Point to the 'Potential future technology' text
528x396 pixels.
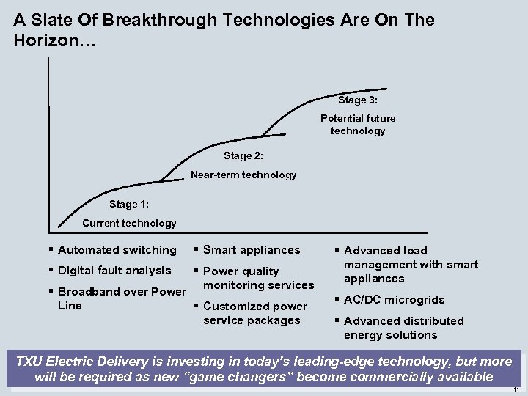[x=358, y=125]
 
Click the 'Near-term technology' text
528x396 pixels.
[x=243, y=175]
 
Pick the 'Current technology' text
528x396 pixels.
[x=129, y=223]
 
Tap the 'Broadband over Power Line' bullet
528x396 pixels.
[x=122, y=298]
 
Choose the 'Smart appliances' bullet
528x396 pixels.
[x=251, y=250]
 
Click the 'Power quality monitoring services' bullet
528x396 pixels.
[x=257, y=278]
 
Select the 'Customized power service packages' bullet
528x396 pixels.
[x=255, y=313]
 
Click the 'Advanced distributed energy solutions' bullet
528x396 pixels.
[x=403, y=328]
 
